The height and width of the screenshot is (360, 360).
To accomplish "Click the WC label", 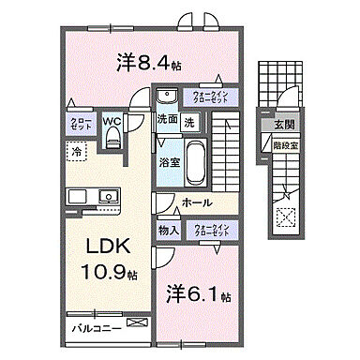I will tap(112, 120).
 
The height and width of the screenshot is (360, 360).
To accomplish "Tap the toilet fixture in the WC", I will tap(112, 139).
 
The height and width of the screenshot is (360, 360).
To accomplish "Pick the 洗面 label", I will tap(167, 120).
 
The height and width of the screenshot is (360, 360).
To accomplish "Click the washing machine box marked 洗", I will tap(189, 120).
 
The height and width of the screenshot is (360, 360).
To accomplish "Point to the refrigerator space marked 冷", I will tap(74, 150).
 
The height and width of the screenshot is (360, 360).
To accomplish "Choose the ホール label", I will tap(196, 202).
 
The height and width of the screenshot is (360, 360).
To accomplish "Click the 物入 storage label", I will tap(168, 230).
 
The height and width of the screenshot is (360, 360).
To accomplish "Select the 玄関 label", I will tap(283, 124).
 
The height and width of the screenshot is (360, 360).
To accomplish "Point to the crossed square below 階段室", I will tap(283, 217).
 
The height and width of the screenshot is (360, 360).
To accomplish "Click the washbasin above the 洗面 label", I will tap(167, 97).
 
